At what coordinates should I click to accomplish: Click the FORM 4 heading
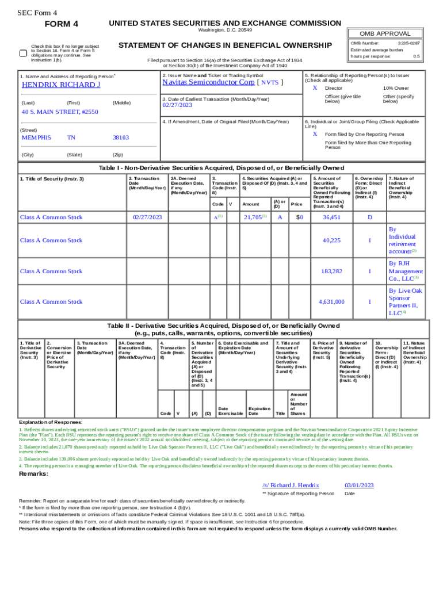tap(61, 24)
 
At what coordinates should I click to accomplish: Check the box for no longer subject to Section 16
tap(23, 53)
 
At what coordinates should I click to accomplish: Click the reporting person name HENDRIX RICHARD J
tap(61, 85)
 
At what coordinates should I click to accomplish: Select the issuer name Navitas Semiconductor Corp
tap(208, 82)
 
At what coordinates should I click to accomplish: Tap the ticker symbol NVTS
tap(270, 82)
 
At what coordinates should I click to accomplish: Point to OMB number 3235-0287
tap(409, 43)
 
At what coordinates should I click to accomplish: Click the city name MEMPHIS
tap(36, 137)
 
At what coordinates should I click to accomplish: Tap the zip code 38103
tap(121, 137)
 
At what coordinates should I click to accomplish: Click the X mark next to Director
tap(315, 88)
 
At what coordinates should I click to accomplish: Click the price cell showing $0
tap(299, 217)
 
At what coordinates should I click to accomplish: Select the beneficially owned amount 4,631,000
tap(331, 301)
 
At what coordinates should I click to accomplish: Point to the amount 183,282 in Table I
tap(332, 271)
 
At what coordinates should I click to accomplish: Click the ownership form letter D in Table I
tap(370, 217)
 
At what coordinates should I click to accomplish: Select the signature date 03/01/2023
tap(359, 485)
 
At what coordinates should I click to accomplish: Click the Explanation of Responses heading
tap(51, 422)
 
